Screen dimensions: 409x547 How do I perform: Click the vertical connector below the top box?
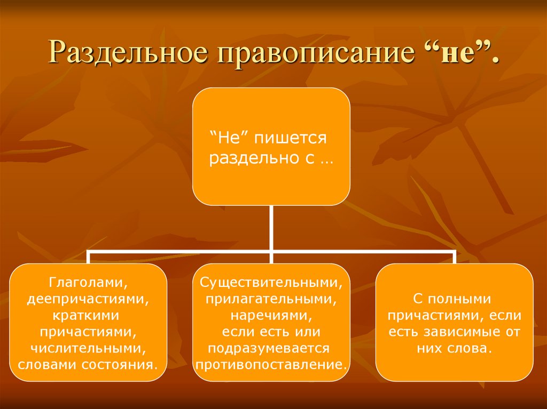271,227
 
